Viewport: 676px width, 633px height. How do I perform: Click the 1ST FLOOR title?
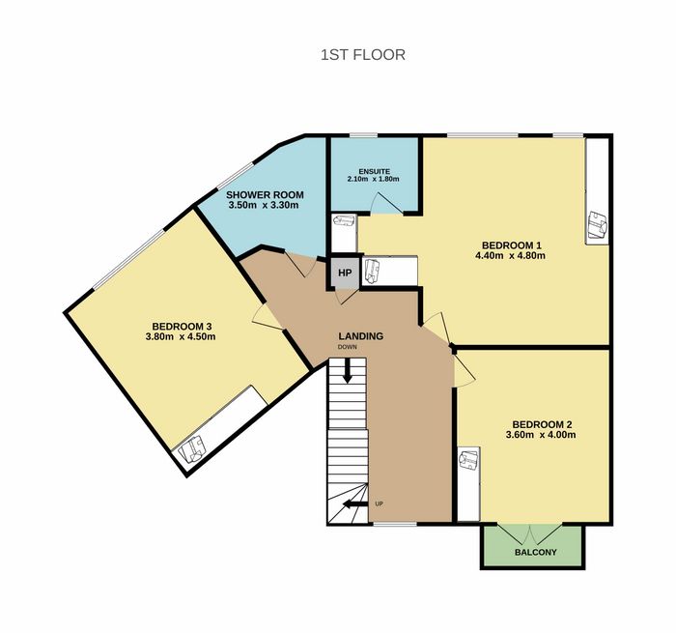click(x=362, y=55)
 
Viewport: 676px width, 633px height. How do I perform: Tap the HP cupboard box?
click(x=345, y=273)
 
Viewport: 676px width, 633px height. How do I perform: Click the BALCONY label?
click(x=535, y=552)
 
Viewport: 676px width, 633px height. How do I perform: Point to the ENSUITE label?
click(x=375, y=171)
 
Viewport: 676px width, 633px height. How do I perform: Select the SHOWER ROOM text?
click(x=265, y=195)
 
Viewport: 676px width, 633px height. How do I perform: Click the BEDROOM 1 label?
click(x=511, y=245)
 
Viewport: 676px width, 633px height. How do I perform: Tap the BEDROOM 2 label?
click(x=542, y=424)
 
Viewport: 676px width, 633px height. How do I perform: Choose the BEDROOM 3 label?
click(x=182, y=327)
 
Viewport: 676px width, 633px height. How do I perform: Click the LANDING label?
click(x=361, y=336)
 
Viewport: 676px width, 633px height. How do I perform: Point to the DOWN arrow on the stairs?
click(x=347, y=370)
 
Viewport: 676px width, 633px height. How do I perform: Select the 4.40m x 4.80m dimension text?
click(x=511, y=255)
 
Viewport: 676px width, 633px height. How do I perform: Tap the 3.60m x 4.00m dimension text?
click(x=541, y=435)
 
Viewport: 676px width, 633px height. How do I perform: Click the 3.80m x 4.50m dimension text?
click(x=181, y=336)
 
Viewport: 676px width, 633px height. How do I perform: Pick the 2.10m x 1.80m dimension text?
click(x=374, y=179)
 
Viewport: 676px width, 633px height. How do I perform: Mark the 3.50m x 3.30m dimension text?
click(x=264, y=205)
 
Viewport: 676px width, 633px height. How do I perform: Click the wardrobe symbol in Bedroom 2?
click(x=468, y=460)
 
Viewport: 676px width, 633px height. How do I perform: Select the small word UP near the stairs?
click(x=379, y=504)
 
